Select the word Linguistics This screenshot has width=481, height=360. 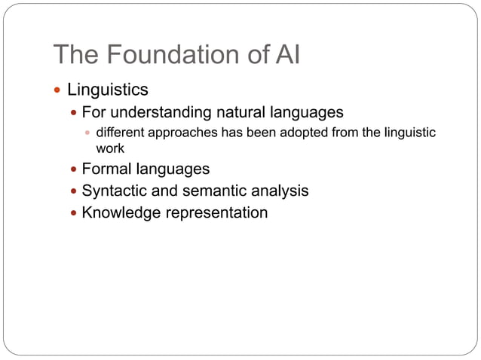108,90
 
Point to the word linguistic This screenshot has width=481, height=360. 408,133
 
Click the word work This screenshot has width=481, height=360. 110,148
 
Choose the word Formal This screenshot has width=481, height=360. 106,169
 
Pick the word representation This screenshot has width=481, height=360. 216,213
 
